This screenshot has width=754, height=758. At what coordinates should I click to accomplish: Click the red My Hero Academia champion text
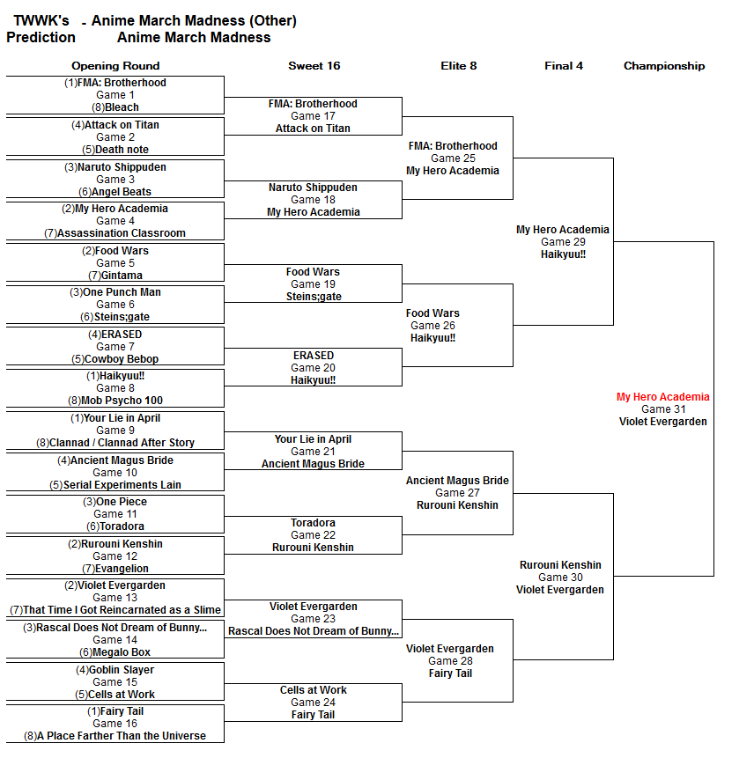pyautogui.click(x=662, y=397)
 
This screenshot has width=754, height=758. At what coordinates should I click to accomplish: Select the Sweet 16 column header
pyautogui.click(x=314, y=66)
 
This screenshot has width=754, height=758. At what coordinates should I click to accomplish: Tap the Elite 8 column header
pyautogui.click(x=458, y=66)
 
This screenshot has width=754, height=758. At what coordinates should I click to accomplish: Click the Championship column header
pyautogui.click(x=664, y=66)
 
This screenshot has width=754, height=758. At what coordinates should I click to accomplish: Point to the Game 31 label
pyautogui.click(x=662, y=409)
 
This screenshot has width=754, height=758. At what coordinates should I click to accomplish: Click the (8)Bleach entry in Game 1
pyautogui.click(x=115, y=107)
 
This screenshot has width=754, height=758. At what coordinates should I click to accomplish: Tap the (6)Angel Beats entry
pyautogui.click(x=115, y=192)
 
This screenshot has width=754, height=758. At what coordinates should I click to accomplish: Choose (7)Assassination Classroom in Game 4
pyautogui.click(x=115, y=233)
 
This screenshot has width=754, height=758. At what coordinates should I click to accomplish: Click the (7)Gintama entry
pyautogui.click(x=115, y=276)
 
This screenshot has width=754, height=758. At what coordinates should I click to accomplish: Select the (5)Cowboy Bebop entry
pyautogui.click(x=115, y=359)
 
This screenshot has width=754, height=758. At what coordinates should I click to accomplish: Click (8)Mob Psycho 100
pyautogui.click(x=115, y=401)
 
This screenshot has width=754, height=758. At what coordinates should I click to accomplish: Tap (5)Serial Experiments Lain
pyautogui.click(x=115, y=485)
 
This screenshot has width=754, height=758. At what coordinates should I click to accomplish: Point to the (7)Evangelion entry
pyautogui.click(x=115, y=569)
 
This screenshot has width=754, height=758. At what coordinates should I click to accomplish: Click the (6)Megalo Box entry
pyautogui.click(x=115, y=652)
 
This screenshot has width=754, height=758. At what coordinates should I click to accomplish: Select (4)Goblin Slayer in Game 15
pyautogui.click(x=115, y=670)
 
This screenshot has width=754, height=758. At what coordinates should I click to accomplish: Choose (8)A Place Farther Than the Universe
pyautogui.click(x=115, y=736)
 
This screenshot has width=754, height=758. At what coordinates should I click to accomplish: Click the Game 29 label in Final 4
pyautogui.click(x=562, y=242)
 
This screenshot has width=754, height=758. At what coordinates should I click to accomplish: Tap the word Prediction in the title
pyautogui.click(x=41, y=37)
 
